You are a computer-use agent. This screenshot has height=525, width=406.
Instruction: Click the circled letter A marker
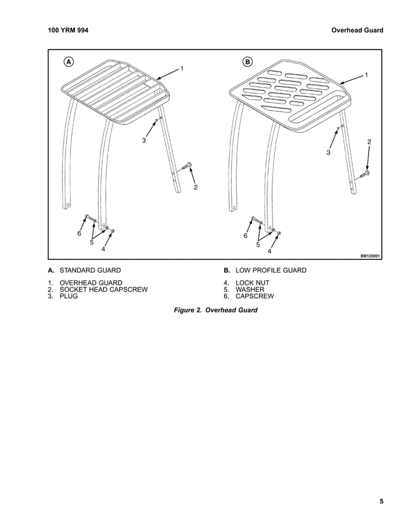tap(68, 62)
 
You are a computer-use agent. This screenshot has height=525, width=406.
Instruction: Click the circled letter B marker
tap(248, 62)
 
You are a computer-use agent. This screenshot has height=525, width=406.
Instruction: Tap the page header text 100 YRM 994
tap(68, 29)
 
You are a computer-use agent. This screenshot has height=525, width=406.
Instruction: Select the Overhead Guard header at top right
tap(357, 29)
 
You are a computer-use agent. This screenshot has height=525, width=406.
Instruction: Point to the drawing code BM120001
tap(370, 256)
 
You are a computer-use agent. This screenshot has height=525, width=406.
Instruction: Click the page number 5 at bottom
tap(381, 501)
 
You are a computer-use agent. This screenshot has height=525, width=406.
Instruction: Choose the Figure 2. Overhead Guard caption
tap(216, 311)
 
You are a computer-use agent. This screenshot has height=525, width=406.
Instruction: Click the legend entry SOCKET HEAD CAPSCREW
tap(103, 289)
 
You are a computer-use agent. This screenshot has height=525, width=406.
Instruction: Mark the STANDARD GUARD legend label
tap(90, 270)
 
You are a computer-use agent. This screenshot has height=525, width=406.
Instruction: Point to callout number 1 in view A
tap(182, 68)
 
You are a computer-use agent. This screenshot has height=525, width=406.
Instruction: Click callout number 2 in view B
tap(369, 140)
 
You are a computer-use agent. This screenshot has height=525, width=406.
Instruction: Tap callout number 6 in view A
tap(79, 233)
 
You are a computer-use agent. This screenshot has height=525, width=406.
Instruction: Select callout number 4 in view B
tap(269, 251)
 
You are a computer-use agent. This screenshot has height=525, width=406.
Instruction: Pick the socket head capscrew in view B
tap(367, 173)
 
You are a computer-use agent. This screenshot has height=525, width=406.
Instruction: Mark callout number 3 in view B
tap(328, 152)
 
